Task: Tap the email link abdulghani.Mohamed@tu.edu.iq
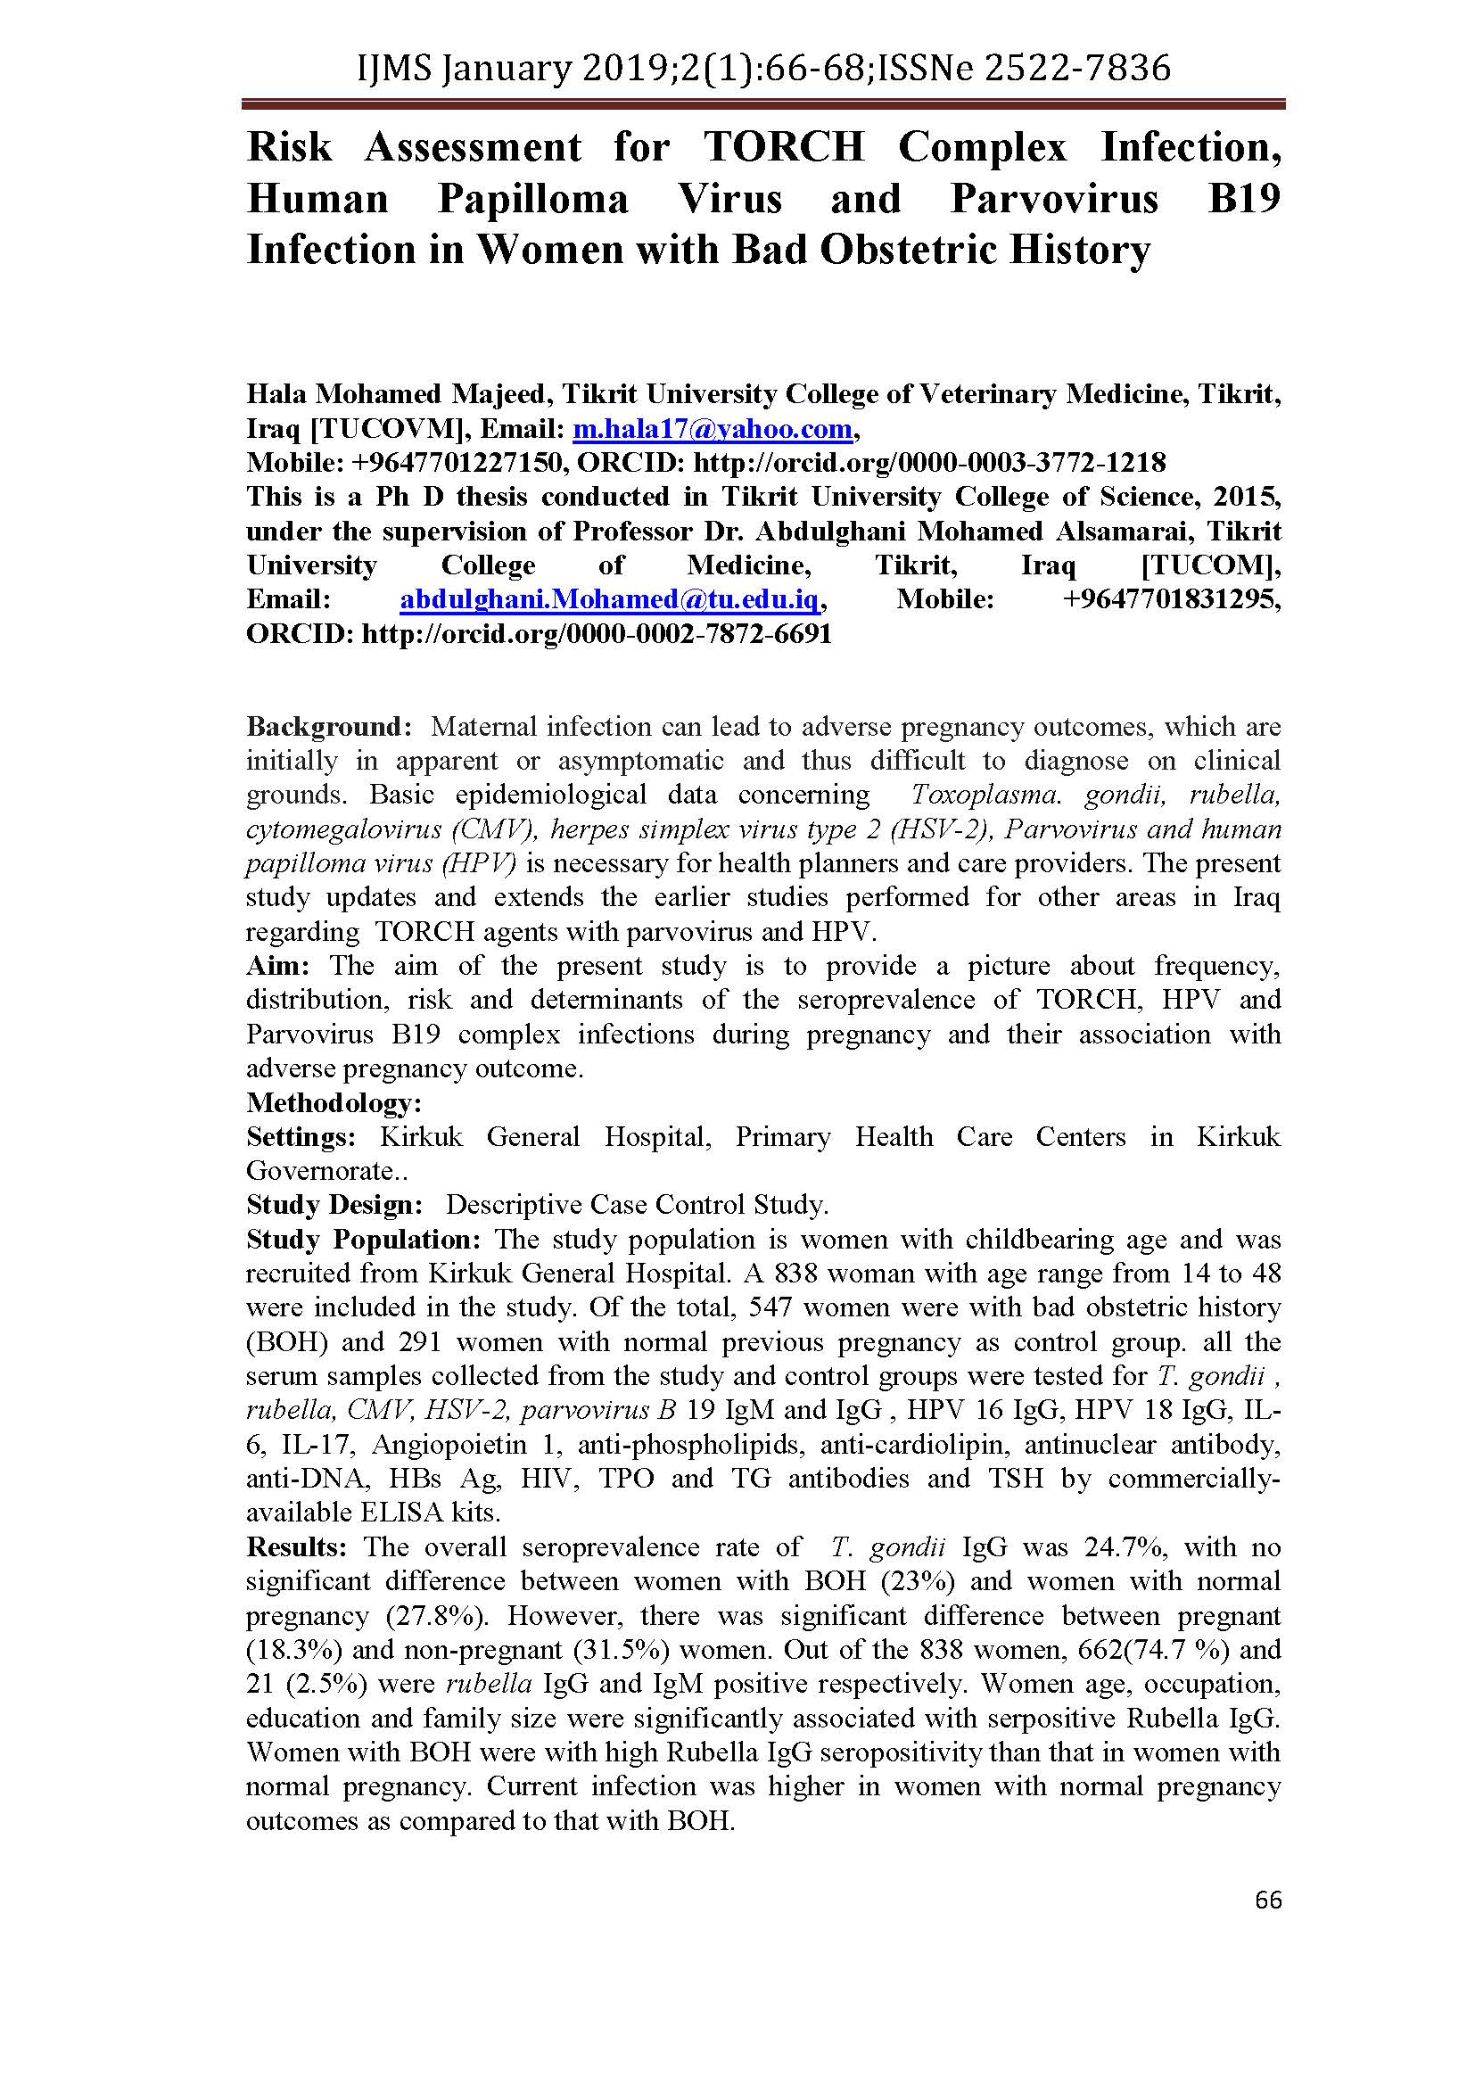611,599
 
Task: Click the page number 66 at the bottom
1268,1900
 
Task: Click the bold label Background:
330,727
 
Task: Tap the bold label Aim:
277,966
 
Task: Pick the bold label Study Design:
334,1206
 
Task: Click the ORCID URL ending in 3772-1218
929,464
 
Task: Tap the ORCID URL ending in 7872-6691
597,634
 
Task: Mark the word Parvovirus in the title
1054,199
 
